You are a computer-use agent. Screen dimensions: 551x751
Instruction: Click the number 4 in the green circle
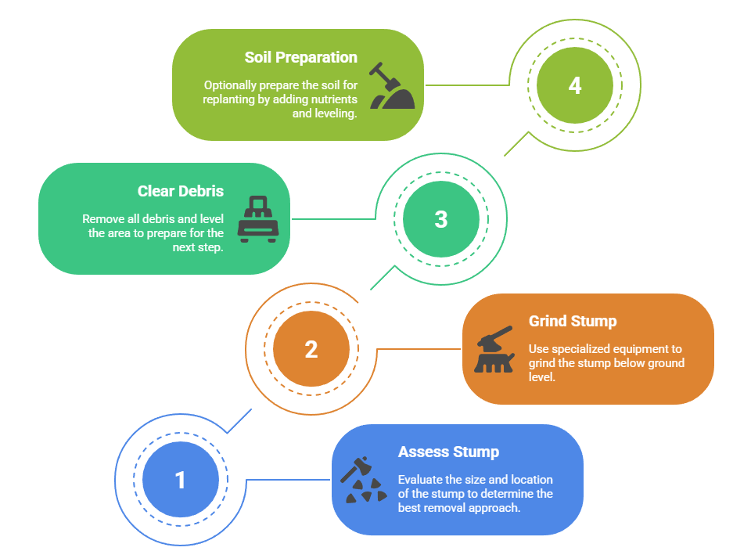pos(575,85)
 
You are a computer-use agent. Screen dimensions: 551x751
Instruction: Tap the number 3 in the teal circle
pos(440,219)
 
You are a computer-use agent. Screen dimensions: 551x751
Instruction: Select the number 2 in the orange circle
pos(311,349)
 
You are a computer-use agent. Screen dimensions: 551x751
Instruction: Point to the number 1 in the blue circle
pos(180,479)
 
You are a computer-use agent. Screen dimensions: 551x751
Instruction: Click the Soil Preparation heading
pos(300,57)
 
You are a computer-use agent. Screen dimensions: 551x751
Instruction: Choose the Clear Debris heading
pos(180,191)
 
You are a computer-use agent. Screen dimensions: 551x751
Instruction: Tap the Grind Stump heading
pos(573,321)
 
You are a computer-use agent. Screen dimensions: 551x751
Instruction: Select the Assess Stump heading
pos(448,452)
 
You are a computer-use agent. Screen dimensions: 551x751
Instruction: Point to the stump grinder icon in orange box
pos(494,349)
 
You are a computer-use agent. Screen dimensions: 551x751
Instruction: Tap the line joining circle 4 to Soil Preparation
pos(467,85)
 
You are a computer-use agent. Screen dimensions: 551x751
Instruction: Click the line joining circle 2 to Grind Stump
pos(419,349)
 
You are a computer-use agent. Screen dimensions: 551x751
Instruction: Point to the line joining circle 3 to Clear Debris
pos(333,219)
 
